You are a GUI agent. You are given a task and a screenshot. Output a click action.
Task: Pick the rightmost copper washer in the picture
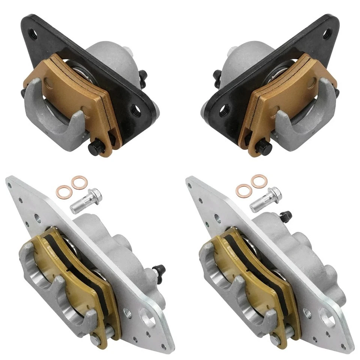258,181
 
